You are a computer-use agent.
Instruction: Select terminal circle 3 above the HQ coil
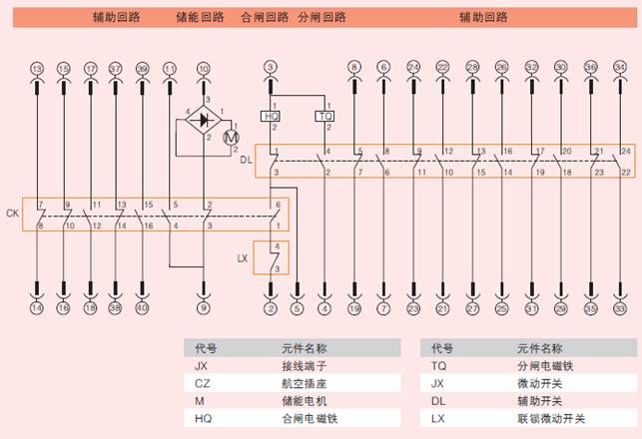[x=270, y=67]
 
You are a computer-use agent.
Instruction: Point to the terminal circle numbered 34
[x=621, y=67]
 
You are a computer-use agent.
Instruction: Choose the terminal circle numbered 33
[x=621, y=309]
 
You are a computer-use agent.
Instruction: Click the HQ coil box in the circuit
[x=271, y=117]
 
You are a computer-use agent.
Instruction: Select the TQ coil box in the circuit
[x=324, y=117]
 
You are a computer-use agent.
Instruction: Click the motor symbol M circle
[x=231, y=136]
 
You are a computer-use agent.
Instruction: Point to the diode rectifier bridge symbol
[x=204, y=121]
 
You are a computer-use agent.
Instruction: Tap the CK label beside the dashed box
[x=12, y=213]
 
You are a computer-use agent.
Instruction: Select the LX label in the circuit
[x=242, y=258]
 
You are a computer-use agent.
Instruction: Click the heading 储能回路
[x=200, y=17]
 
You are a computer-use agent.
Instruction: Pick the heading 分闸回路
[x=321, y=17]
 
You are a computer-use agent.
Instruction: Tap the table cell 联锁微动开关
[x=551, y=418]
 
